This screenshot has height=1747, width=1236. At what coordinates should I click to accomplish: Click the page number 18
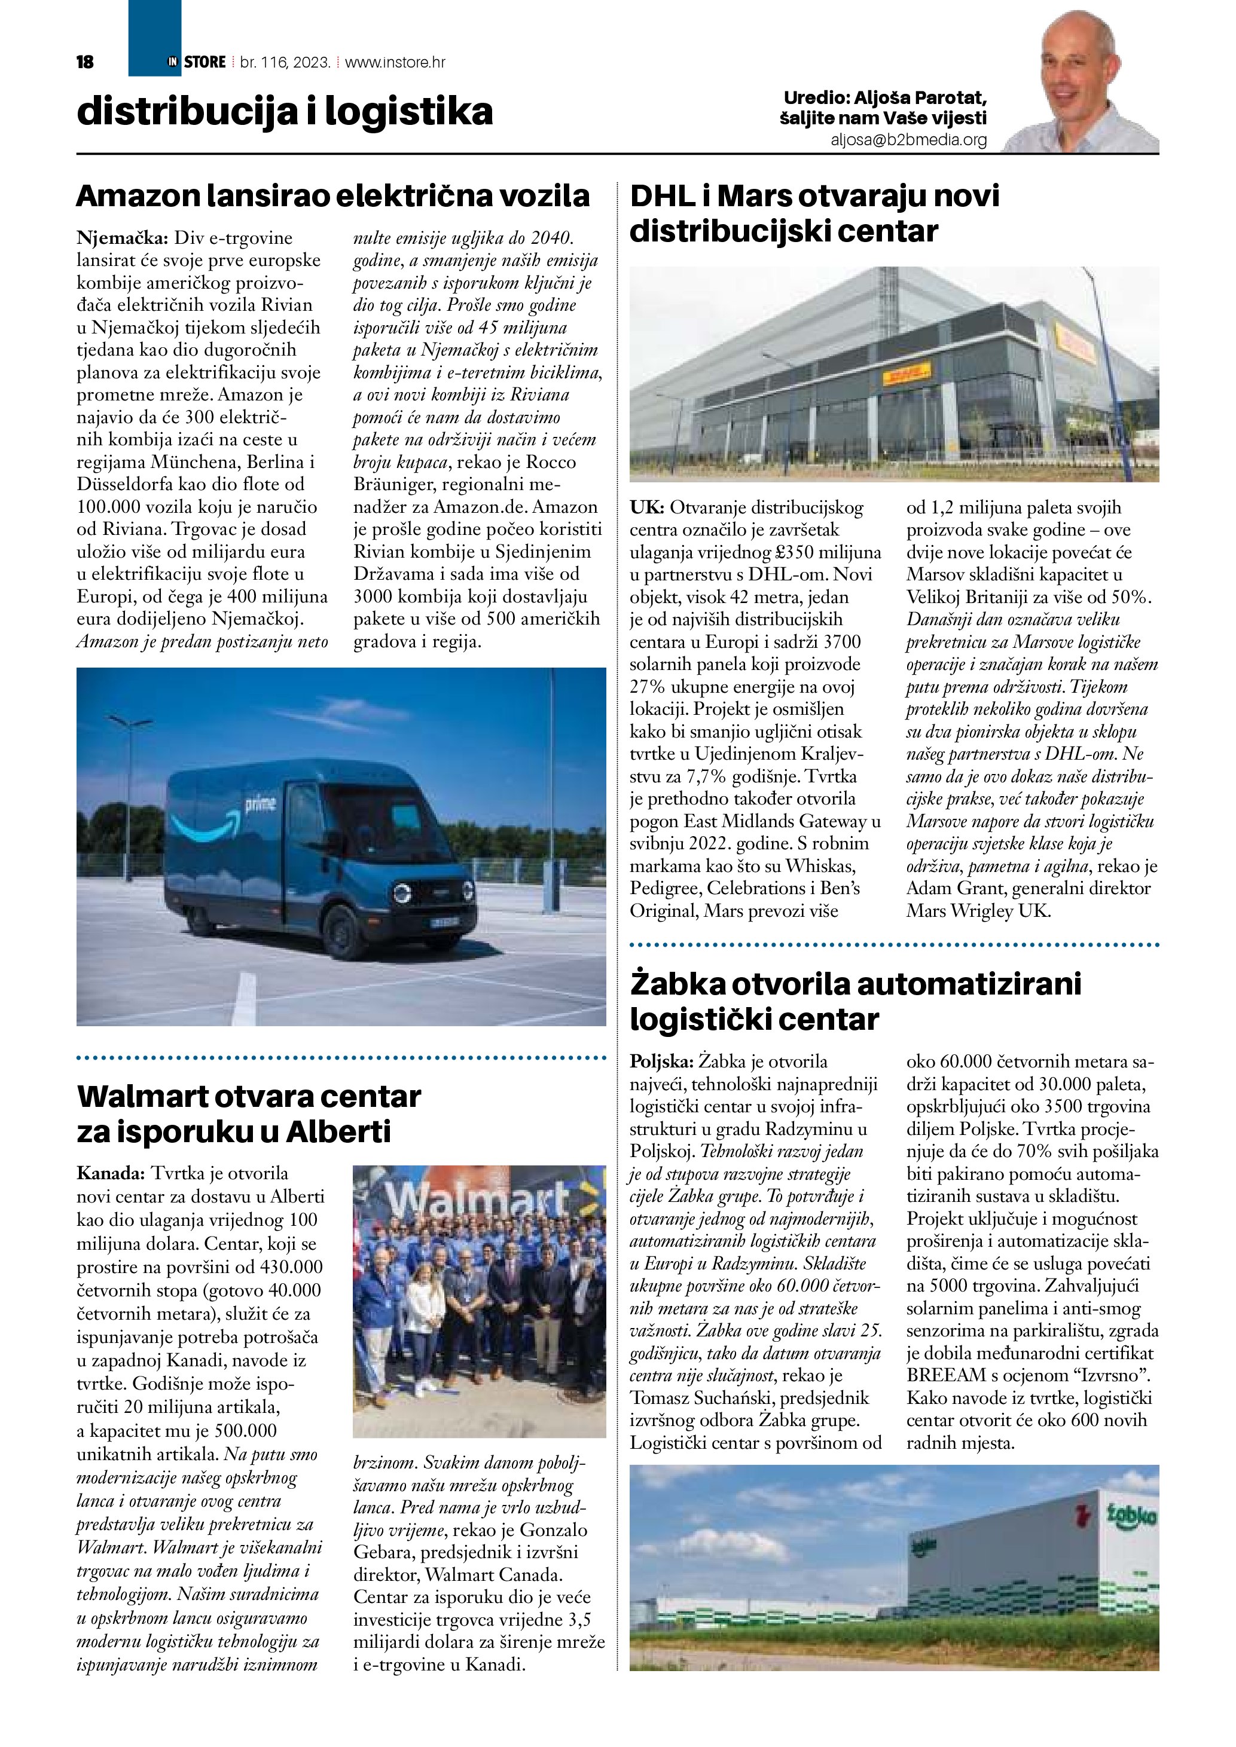click(86, 62)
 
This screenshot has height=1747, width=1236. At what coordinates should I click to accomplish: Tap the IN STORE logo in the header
click(196, 62)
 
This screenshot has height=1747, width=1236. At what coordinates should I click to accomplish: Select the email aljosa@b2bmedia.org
click(909, 139)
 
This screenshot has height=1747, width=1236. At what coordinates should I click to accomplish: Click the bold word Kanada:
click(111, 1174)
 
